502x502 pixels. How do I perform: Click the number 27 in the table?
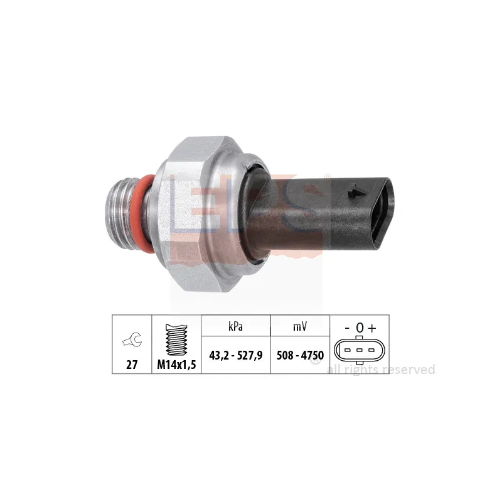132,364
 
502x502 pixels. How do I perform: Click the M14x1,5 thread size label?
175,364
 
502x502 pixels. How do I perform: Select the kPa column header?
235,326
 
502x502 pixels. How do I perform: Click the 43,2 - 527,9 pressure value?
235,355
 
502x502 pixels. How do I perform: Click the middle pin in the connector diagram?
359,349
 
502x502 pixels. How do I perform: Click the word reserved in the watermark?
409,370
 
